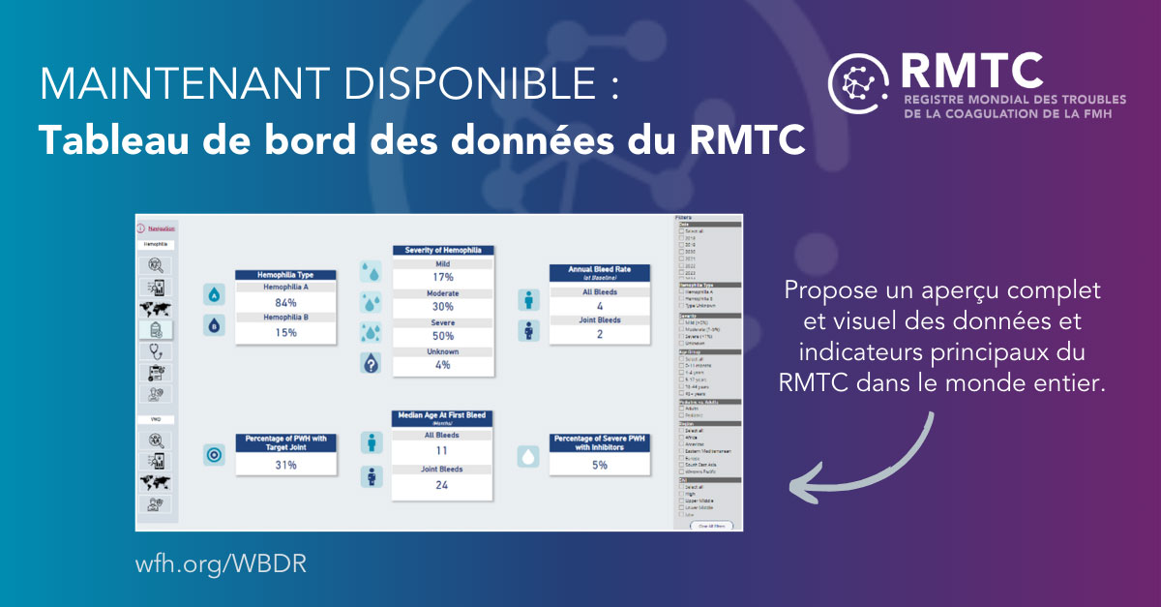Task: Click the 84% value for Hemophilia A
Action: [285, 302]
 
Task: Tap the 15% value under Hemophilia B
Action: [285, 332]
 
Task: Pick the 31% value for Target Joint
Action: [285, 465]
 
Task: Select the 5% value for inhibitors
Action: [599, 465]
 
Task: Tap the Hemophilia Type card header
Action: [285, 275]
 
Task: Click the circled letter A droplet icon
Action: [214, 295]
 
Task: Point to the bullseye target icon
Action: [214, 455]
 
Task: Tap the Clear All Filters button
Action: [711, 525]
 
